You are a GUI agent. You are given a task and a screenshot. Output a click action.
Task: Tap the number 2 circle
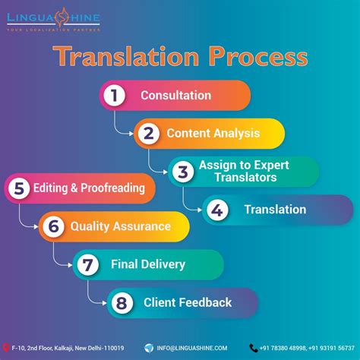click(x=149, y=134)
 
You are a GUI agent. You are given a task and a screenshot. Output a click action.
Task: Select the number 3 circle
click(x=181, y=172)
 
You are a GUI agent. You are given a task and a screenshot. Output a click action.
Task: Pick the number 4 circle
click(x=216, y=210)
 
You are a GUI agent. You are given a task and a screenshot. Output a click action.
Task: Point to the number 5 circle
click(x=19, y=188)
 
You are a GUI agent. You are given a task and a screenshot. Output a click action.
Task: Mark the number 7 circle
click(x=87, y=264)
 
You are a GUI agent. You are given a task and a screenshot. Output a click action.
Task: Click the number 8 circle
click(x=121, y=302)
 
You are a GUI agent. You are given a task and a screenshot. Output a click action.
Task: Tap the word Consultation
click(x=175, y=96)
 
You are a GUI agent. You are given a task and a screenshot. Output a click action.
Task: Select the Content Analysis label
click(x=213, y=134)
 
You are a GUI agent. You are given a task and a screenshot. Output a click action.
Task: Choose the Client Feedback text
click(x=188, y=302)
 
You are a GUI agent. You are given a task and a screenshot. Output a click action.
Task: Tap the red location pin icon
click(x=7, y=348)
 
